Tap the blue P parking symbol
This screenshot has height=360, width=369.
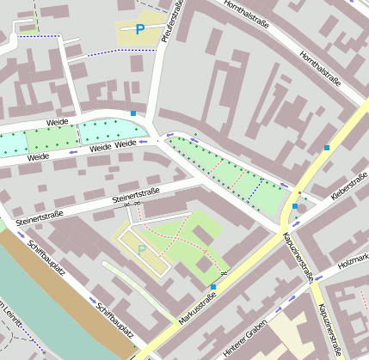140,30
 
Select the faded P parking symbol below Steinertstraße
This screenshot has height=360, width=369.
142,250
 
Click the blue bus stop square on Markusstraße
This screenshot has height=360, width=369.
213,286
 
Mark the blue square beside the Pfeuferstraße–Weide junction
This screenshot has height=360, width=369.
132,113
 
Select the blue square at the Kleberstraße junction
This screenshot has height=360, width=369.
295,206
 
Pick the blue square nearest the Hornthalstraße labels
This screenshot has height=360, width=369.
327,148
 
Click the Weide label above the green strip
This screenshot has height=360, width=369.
58,123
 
